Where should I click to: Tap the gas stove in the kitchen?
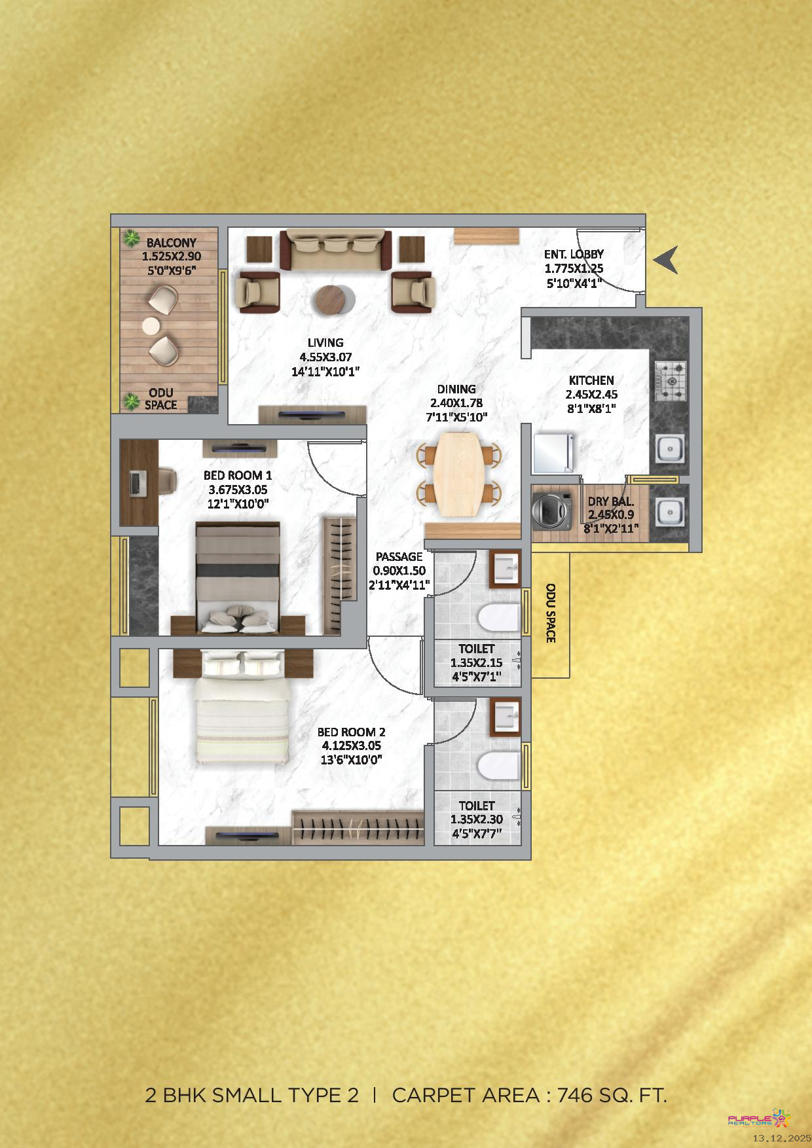click(670, 381)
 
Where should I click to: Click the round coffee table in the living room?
click(331, 300)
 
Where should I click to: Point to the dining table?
click(460, 473)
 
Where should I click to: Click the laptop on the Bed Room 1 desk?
click(138, 483)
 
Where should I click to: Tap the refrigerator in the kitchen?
click(553, 452)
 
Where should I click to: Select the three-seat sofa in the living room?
click(336, 249)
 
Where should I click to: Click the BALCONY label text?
click(172, 242)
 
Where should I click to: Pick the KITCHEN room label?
click(591, 380)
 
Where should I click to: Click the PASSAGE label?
click(399, 556)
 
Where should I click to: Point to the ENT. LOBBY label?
click(574, 254)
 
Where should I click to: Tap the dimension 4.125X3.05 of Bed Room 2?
click(351, 745)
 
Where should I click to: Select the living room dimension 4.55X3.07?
click(325, 357)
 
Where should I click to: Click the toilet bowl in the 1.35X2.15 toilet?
click(498, 618)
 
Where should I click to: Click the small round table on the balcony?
click(151, 326)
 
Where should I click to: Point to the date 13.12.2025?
click(782, 1139)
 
